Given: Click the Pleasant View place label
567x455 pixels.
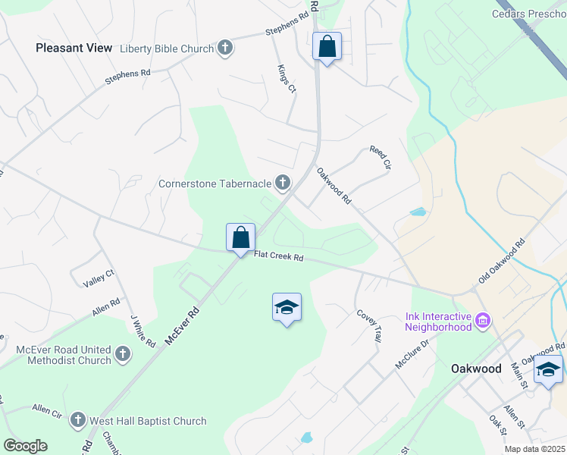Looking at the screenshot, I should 74,47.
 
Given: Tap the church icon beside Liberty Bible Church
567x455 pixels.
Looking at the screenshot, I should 224,49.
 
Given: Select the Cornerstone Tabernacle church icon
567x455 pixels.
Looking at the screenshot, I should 282,183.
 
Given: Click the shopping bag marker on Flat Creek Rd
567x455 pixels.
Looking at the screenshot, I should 240,237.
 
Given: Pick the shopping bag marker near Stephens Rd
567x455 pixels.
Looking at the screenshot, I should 327,46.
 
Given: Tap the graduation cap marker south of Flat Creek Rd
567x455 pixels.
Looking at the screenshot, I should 287,307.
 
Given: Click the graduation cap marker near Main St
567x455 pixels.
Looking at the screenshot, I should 549,370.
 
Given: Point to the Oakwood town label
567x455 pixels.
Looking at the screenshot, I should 476,369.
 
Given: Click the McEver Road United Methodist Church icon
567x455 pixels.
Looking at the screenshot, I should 123,353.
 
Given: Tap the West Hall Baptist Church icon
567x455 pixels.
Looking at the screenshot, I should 77,421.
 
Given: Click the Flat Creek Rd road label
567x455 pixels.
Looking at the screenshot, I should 278,258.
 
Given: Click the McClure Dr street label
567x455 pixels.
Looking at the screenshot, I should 412,353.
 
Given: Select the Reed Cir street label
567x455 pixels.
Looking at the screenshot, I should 380,158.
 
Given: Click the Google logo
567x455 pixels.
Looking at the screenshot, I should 25,446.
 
